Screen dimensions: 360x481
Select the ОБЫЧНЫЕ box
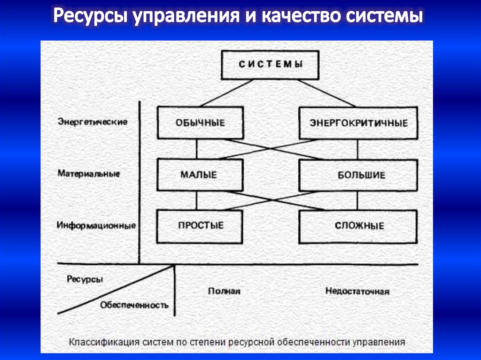200,123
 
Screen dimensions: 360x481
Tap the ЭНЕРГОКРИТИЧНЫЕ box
358,123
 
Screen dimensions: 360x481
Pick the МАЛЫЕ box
200,175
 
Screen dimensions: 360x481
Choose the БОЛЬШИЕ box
358,176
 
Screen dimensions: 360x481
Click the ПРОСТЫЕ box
200,226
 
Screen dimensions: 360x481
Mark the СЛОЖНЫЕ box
358,226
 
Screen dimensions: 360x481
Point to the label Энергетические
93,122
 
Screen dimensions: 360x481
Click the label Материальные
89,173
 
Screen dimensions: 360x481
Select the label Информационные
96,225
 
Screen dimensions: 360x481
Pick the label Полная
224,291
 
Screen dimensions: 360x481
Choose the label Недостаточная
357,291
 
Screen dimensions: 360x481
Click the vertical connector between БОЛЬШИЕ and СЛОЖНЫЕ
358,200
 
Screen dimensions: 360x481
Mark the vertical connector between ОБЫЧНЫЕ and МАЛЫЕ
197,149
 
